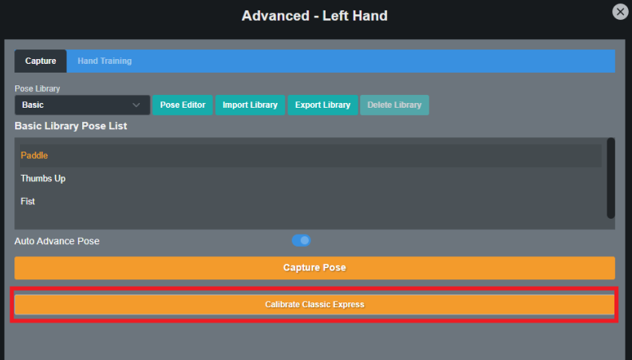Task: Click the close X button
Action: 620,12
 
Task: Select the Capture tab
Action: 41,61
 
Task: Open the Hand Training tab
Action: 105,61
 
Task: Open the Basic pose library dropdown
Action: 82,105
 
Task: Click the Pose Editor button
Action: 183,105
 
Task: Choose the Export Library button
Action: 322,105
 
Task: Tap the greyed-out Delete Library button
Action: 394,105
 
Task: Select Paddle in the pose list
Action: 34,155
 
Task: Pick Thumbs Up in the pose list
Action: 43,178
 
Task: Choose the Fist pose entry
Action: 28,201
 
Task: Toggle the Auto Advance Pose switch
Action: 301,241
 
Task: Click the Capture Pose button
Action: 314,267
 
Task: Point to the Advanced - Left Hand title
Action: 314,16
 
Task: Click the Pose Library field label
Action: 37,89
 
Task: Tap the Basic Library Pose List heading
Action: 71,126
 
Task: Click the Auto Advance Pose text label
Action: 57,241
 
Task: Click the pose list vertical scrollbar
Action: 611,178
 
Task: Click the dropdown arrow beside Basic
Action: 136,105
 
